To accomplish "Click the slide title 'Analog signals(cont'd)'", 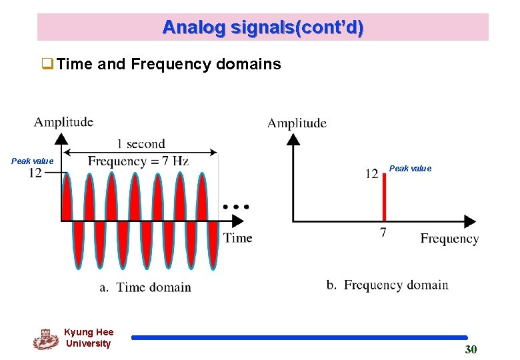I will point(263,27).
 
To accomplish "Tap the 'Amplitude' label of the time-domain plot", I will point(63,121).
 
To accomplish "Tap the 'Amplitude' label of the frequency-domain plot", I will point(297,123).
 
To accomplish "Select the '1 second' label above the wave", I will point(141,143).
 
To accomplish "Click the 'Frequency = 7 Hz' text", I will point(138,161).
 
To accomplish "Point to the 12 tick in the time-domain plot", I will point(35,173).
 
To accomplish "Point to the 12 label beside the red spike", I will point(371,174).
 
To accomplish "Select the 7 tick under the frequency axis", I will point(383,233).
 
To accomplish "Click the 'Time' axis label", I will point(237,238).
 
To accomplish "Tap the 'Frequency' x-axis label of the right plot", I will point(449,239).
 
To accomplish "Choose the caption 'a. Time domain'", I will point(145,287).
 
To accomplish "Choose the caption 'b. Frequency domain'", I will point(387,285).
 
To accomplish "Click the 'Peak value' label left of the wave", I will point(32,161).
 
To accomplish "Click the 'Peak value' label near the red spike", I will point(410,169).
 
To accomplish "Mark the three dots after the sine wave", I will point(236,207).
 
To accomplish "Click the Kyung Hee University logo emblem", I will point(45,339).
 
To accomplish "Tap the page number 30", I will point(471,350).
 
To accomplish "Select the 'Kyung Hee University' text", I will point(89,338).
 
